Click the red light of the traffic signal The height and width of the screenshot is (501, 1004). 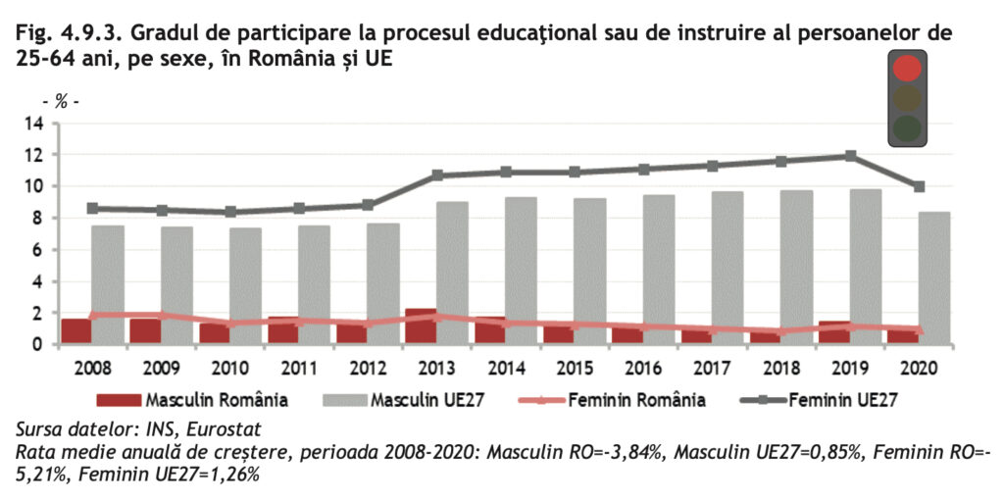(x=909, y=68)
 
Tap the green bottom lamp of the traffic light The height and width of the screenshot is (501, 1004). (x=909, y=127)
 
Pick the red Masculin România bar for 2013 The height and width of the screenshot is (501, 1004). (x=421, y=326)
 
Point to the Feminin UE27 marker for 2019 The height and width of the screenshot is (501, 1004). (x=851, y=156)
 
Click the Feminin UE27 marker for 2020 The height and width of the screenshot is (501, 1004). (x=920, y=186)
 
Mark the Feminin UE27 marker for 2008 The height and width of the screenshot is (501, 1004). (x=92, y=208)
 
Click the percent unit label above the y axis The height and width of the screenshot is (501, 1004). (x=61, y=101)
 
